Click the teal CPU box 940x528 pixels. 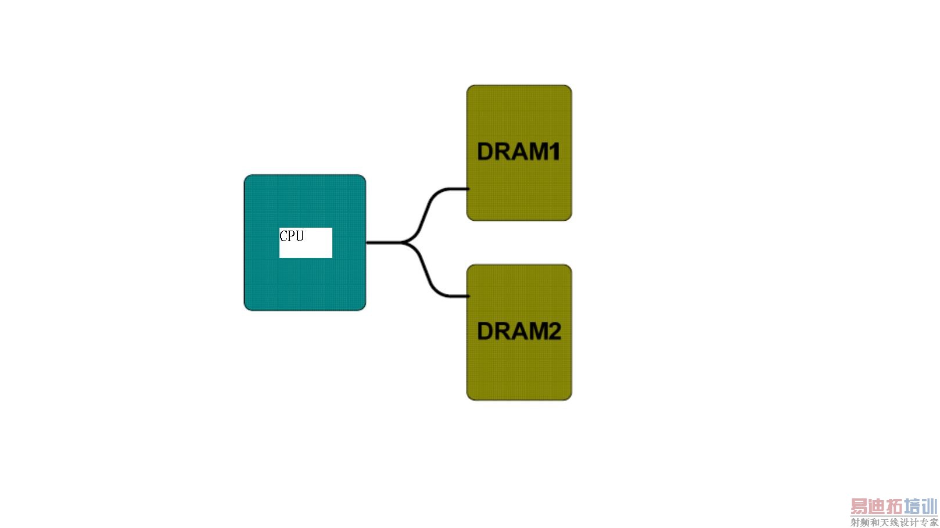click(x=304, y=279)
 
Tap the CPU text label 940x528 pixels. click(x=292, y=236)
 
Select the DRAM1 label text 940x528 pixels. click(x=519, y=152)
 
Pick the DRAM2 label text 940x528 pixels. click(x=519, y=331)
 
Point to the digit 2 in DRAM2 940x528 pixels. click(x=554, y=331)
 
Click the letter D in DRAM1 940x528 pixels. click(x=485, y=152)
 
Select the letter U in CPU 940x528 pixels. click(x=299, y=236)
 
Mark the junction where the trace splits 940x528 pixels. click(x=406, y=242)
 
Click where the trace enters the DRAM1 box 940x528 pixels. click(x=467, y=189)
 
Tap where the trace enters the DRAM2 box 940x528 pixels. click(x=467, y=296)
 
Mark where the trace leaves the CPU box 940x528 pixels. click(x=367, y=242)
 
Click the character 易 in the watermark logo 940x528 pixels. click(x=859, y=507)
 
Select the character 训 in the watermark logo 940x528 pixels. click(x=929, y=507)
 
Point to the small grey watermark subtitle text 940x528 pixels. click(x=894, y=522)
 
